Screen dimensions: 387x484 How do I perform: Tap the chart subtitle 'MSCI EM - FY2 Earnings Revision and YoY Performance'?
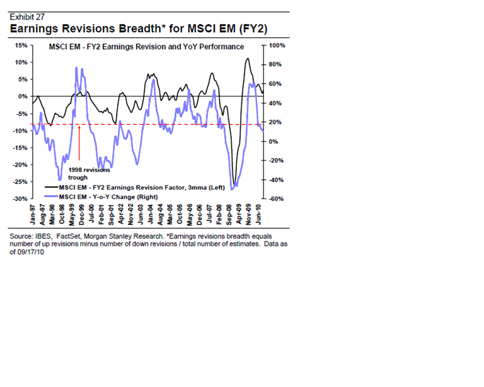point(147,47)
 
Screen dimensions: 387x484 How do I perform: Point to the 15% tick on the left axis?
point(19,45)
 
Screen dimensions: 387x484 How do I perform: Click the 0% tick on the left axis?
point(21,96)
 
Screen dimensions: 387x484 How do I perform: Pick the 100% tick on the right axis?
point(278,45)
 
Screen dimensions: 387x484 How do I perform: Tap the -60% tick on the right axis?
point(278,199)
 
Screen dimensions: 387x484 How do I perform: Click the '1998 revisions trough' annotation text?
point(88,173)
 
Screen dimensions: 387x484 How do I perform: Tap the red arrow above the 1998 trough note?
point(80,142)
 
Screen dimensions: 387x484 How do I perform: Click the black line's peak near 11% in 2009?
point(247,59)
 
